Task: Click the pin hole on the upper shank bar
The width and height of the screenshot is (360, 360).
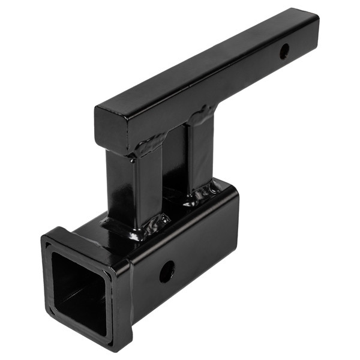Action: coord(284,51)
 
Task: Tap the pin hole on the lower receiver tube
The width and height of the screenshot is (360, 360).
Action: coord(166,272)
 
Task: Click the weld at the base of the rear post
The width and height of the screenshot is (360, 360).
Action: coord(204,192)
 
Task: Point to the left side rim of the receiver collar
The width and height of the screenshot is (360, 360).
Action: coord(46,270)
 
